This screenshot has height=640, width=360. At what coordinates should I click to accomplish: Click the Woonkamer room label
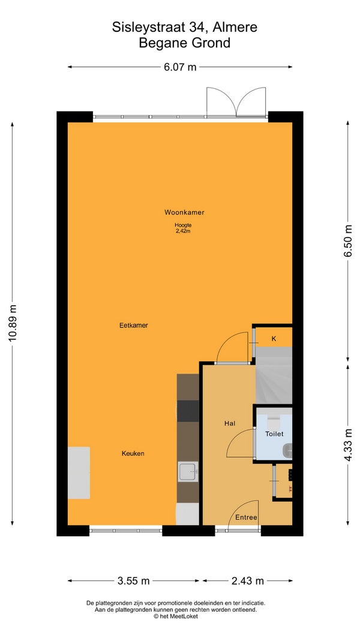(x=184, y=212)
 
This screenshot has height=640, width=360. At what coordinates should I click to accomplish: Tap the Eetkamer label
(x=133, y=325)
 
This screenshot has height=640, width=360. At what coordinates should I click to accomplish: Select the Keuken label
(x=133, y=453)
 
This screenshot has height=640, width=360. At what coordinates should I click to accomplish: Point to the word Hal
(x=230, y=423)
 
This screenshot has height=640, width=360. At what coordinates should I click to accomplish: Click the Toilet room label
(x=274, y=434)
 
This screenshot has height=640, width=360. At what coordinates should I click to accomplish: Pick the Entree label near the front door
(x=247, y=518)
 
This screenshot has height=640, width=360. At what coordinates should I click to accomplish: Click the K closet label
(x=274, y=338)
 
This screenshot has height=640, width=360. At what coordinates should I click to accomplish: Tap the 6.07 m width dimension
(x=181, y=67)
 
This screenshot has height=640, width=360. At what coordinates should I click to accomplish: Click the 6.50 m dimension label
(x=348, y=241)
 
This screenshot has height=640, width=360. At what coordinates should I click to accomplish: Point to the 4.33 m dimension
(x=348, y=445)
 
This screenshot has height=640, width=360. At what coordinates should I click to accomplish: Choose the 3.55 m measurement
(x=133, y=581)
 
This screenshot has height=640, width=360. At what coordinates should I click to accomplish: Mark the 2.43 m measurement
(x=248, y=581)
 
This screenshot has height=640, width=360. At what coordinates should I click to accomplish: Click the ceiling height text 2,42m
(x=183, y=231)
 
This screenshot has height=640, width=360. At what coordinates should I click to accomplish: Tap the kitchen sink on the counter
(x=188, y=471)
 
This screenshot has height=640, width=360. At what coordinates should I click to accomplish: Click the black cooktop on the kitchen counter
(x=188, y=411)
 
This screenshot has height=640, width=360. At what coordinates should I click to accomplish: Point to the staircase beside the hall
(x=274, y=375)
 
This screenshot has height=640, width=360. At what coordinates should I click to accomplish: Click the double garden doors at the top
(x=236, y=102)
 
